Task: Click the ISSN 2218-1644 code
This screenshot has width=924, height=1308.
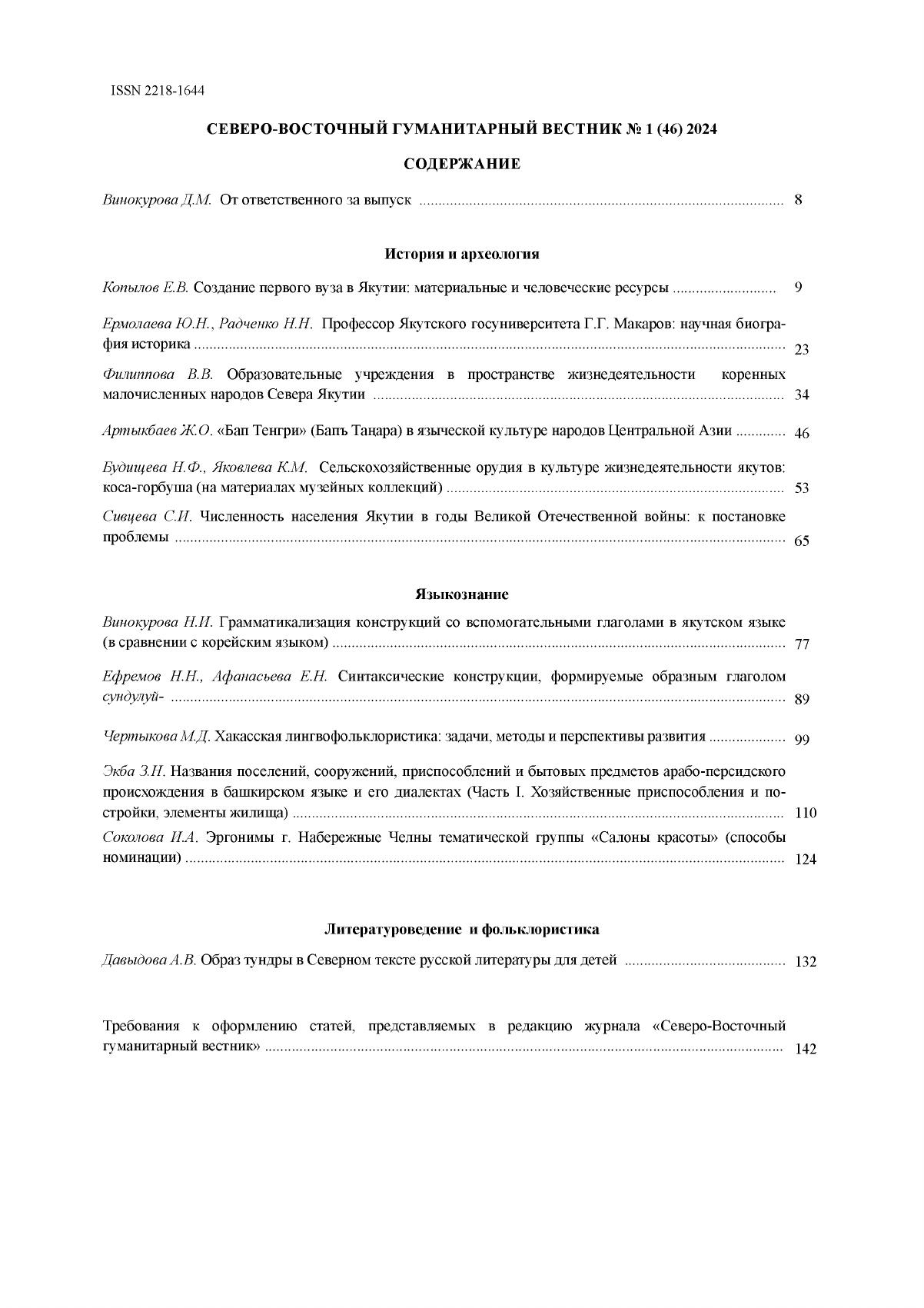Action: [158, 91]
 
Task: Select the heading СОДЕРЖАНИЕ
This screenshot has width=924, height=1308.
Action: [462, 164]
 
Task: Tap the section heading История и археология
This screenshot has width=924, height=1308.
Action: [462, 254]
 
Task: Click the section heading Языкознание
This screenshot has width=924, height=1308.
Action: [462, 594]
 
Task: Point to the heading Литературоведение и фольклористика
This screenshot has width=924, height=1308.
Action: [461, 929]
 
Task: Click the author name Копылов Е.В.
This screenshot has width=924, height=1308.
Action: [145, 288]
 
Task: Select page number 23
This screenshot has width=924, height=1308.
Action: [802, 350]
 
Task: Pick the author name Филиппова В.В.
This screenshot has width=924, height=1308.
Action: [158, 374]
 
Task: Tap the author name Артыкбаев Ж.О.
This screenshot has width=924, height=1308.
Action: [157, 431]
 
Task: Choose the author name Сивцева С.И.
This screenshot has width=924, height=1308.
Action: [148, 517]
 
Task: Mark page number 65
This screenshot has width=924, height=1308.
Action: [802, 541]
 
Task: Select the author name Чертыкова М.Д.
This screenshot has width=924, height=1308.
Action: [157, 737]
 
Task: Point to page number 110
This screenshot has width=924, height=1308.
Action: [805, 814]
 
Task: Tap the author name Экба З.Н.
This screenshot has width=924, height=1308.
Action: [134, 770]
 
